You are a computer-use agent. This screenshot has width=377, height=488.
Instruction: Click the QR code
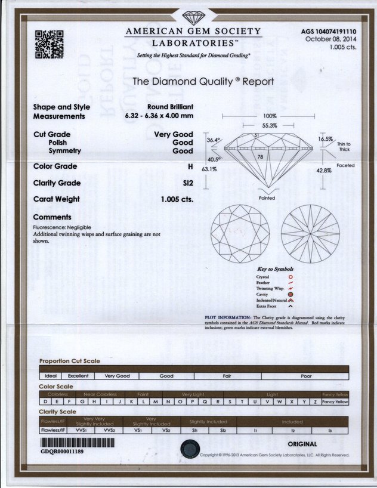coord(49,44)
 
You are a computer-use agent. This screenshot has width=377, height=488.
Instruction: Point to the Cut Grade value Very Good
coord(174,135)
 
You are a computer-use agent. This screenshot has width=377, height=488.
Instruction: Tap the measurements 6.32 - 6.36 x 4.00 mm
coord(159,116)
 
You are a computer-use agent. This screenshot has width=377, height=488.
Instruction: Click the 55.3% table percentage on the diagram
coord(270,126)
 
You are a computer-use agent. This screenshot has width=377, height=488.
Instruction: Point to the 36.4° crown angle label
coord(214,140)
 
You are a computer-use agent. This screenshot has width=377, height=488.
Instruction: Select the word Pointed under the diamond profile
coord(267,198)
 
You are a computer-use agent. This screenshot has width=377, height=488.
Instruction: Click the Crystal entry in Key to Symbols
coord(262,277)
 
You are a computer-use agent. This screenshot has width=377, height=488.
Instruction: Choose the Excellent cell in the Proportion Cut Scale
coord(78,376)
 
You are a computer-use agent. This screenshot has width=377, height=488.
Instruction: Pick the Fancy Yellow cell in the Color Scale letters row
coord(335,402)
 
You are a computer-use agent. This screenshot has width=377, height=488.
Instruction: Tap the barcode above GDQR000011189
coord(77,443)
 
